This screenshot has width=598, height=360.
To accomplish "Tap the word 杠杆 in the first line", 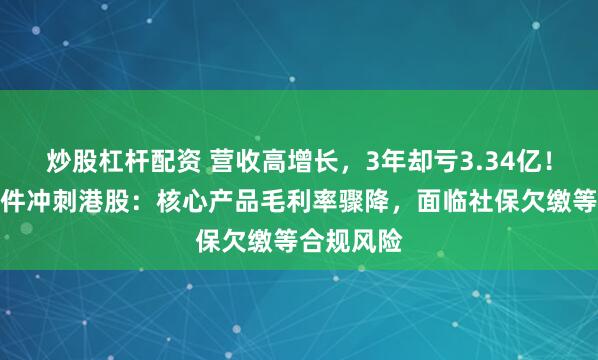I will click(115, 159).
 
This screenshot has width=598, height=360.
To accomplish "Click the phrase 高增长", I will click(284, 159).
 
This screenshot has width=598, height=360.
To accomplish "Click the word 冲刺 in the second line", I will click(44, 204).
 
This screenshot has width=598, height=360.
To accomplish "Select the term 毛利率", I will click(272, 204).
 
